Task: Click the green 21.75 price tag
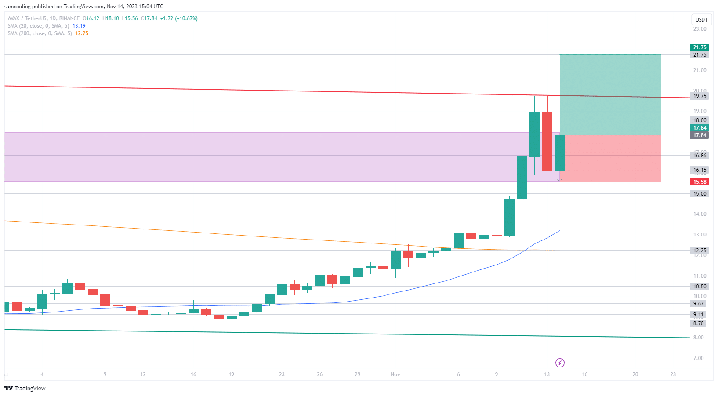(x=700, y=47)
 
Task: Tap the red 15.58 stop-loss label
(x=700, y=182)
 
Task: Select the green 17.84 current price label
(x=700, y=128)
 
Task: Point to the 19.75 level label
(x=700, y=96)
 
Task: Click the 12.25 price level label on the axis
(x=700, y=251)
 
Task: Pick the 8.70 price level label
(x=698, y=323)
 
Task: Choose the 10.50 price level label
(x=700, y=287)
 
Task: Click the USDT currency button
(x=701, y=20)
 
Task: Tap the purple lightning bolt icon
(x=560, y=363)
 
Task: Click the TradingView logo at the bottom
(x=25, y=388)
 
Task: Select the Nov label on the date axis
(x=395, y=374)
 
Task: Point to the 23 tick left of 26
(x=282, y=374)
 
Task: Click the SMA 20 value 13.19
(x=79, y=26)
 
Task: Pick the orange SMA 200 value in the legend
(x=82, y=33)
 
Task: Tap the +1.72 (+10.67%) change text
(x=179, y=18)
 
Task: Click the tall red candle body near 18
(x=547, y=141)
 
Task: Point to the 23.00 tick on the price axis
(x=700, y=29)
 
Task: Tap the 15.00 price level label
(x=700, y=194)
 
